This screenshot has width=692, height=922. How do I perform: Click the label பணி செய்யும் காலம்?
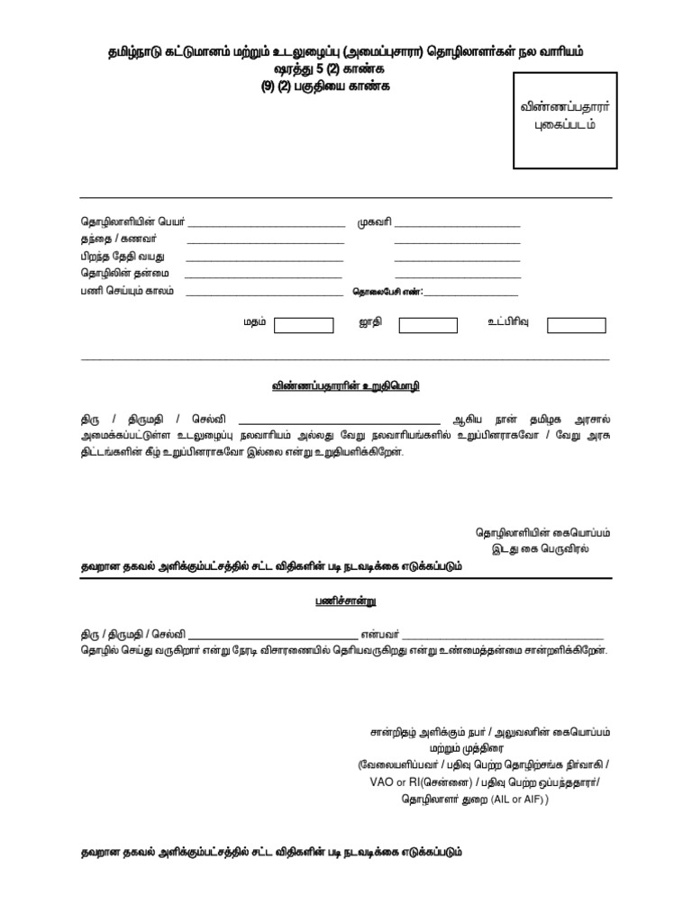(x=127, y=292)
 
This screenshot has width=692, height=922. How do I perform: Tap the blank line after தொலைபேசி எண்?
(x=470, y=294)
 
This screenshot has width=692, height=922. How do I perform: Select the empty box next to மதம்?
(x=304, y=325)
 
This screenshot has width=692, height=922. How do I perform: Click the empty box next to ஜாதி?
(x=428, y=325)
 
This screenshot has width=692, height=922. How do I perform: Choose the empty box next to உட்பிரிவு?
(x=576, y=325)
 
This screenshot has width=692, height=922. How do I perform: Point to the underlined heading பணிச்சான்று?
(x=346, y=598)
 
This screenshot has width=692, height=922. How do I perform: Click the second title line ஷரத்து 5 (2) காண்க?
(x=346, y=69)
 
